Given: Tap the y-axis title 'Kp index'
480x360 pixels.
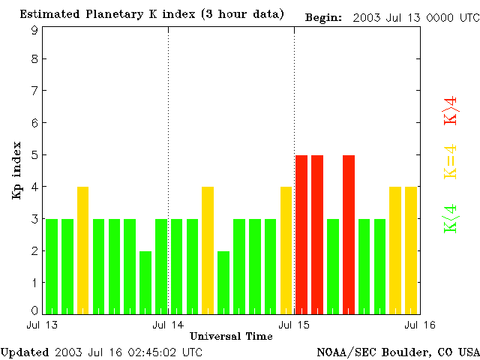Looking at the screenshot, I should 16,170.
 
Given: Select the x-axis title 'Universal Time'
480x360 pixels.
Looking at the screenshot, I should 231,336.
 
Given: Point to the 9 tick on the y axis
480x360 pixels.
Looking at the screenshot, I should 34,30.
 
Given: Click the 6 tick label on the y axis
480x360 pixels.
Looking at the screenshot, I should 34,123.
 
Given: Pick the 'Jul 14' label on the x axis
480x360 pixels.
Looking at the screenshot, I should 168,325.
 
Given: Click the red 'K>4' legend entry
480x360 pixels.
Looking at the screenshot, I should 451,111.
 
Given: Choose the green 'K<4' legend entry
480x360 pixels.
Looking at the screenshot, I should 451,219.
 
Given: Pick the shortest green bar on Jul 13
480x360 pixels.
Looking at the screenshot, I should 145,282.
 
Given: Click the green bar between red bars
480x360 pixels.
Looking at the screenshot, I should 333,266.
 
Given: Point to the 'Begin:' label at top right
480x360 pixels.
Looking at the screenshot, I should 324,17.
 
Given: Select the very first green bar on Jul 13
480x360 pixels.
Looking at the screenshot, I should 52,266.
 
